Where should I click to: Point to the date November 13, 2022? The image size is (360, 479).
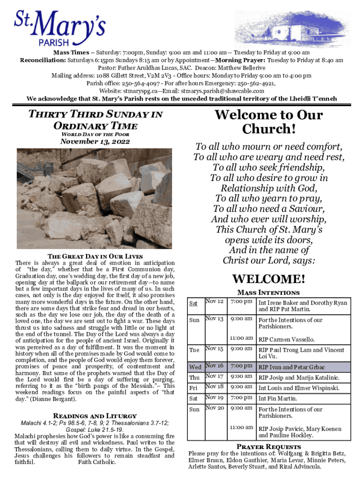click(95, 142)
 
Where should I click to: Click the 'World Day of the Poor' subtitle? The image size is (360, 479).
click(95, 134)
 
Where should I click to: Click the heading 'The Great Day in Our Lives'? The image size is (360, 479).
click(95, 256)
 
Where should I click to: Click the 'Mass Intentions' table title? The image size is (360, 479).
click(268, 292)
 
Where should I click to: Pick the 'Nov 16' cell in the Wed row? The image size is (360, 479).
click(214, 366)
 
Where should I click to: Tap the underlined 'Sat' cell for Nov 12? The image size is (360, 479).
click(193, 304)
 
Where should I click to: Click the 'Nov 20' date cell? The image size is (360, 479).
click(214, 408)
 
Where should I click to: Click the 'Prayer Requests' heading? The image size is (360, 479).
click(268, 446)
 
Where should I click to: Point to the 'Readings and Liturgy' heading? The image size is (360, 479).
click(95, 415)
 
